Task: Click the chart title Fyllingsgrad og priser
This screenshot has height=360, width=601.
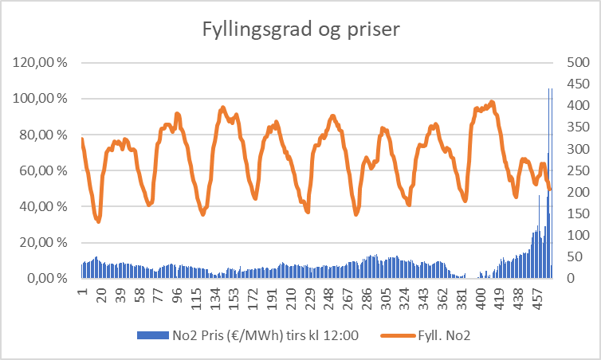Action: (300, 31)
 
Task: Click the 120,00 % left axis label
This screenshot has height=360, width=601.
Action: (37, 63)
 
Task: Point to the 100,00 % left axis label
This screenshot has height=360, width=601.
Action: (37, 99)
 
